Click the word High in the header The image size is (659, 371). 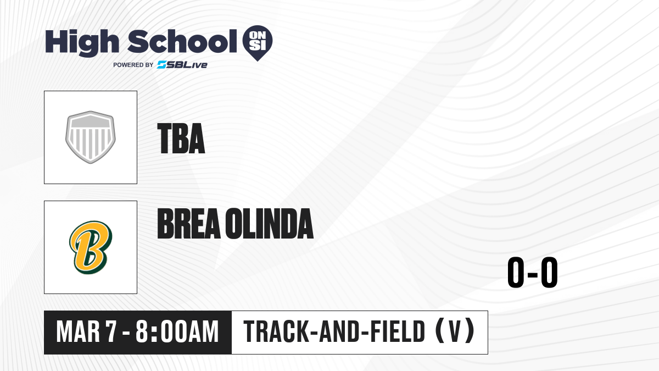click(82, 43)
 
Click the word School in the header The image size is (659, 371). click(182, 41)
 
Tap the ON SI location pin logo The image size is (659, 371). click(258, 43)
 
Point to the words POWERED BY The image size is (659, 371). click(133, 65)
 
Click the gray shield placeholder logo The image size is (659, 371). click(91, 137)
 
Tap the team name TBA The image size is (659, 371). click(181, 139)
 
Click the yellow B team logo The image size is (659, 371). click(91, 247)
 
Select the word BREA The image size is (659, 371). click(189, 224)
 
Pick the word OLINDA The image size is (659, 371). click(269, 224)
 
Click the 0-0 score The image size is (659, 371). click(533, 273)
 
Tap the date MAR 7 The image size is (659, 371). click(87, 332)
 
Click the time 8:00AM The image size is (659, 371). click(177, 332)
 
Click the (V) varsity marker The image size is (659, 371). click(455, 331)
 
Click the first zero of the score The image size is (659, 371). click(516, 273)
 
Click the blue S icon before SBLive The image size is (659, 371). click(162, 65)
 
